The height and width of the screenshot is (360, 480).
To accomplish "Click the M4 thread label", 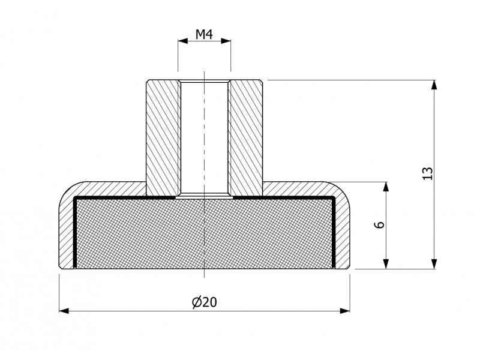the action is tap(204, 35).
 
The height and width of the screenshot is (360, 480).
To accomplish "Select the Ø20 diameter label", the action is tap(205, 302).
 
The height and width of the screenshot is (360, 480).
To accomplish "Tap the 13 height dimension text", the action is tap(427, 173).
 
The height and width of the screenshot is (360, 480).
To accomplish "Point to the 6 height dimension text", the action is tap(380, 224).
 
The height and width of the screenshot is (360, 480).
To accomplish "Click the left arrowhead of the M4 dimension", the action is tap(183, 41).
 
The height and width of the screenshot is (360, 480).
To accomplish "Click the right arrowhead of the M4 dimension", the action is tap(226, 41).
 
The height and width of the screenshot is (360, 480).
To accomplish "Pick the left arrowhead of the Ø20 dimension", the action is tap(64, 311).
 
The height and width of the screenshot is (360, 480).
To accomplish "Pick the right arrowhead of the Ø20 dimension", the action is tap(345, 311).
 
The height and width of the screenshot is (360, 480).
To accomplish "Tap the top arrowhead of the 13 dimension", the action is tap(434, 85).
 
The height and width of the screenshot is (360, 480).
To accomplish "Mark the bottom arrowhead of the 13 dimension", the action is tap(434, 264).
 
